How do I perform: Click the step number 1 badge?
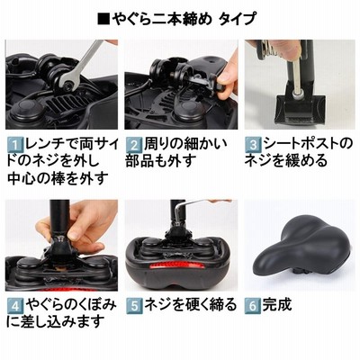14,145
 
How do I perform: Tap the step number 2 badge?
133,145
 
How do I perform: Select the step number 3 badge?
253,145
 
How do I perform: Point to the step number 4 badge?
14,306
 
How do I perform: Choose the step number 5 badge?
133,306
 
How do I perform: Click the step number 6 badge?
252,306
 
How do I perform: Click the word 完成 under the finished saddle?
277,305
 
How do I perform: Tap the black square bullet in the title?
104,19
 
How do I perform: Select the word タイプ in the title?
238,19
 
